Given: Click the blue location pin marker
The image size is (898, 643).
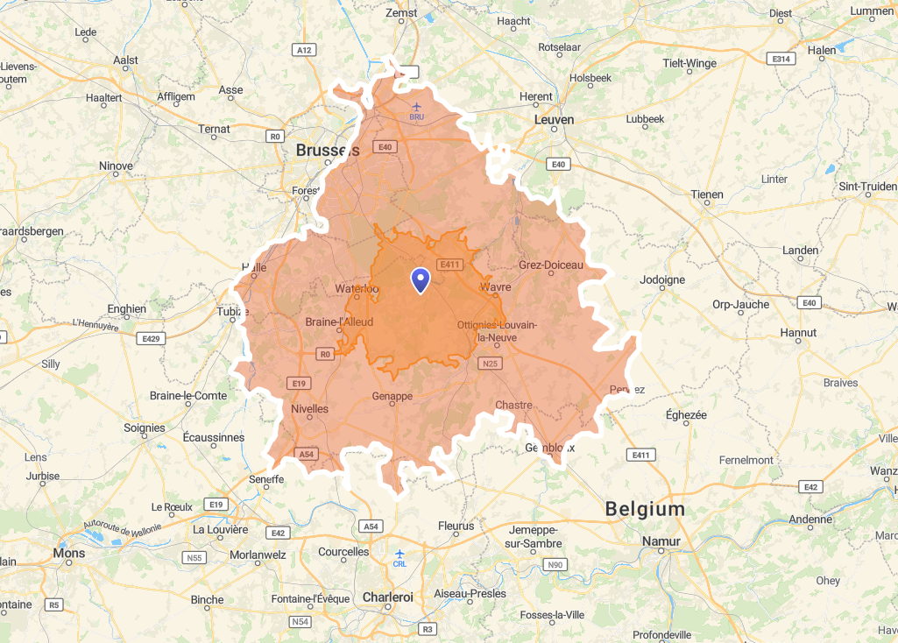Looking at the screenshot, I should click(x=421, y=279).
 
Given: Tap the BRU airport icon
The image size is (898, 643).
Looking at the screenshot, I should click(x=416, y=107).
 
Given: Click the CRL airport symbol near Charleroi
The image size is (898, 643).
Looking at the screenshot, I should click(x=400, y=554).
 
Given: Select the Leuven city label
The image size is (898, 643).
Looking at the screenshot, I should click(x=554, y=119).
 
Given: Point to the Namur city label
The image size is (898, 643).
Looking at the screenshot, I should click(x=661, y=541).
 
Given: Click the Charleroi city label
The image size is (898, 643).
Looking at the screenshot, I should click(x=387, y=597).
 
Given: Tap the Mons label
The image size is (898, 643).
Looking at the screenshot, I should click(x=69, y=553).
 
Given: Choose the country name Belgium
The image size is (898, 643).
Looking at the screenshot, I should click(x=645, y=509).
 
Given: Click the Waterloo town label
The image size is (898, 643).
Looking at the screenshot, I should click(x=357, y=288).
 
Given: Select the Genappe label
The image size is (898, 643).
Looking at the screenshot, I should click(x=392, y=396).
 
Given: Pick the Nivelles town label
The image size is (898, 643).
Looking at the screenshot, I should click(x=309, y=408).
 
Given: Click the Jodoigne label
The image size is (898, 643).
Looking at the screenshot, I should click(x=662, y=279).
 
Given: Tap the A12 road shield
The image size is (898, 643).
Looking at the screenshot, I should click(x=304, y=50).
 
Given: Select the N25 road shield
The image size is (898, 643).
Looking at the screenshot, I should click(x=490, y=363).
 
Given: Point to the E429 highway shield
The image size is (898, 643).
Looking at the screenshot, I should click(x=151, y=337).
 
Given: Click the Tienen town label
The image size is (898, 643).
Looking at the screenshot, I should click(x=707, y=194).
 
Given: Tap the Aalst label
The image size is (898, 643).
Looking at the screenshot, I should click(x=125, y=60).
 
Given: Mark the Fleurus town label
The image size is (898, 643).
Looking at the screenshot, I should click(x=456, y=526).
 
